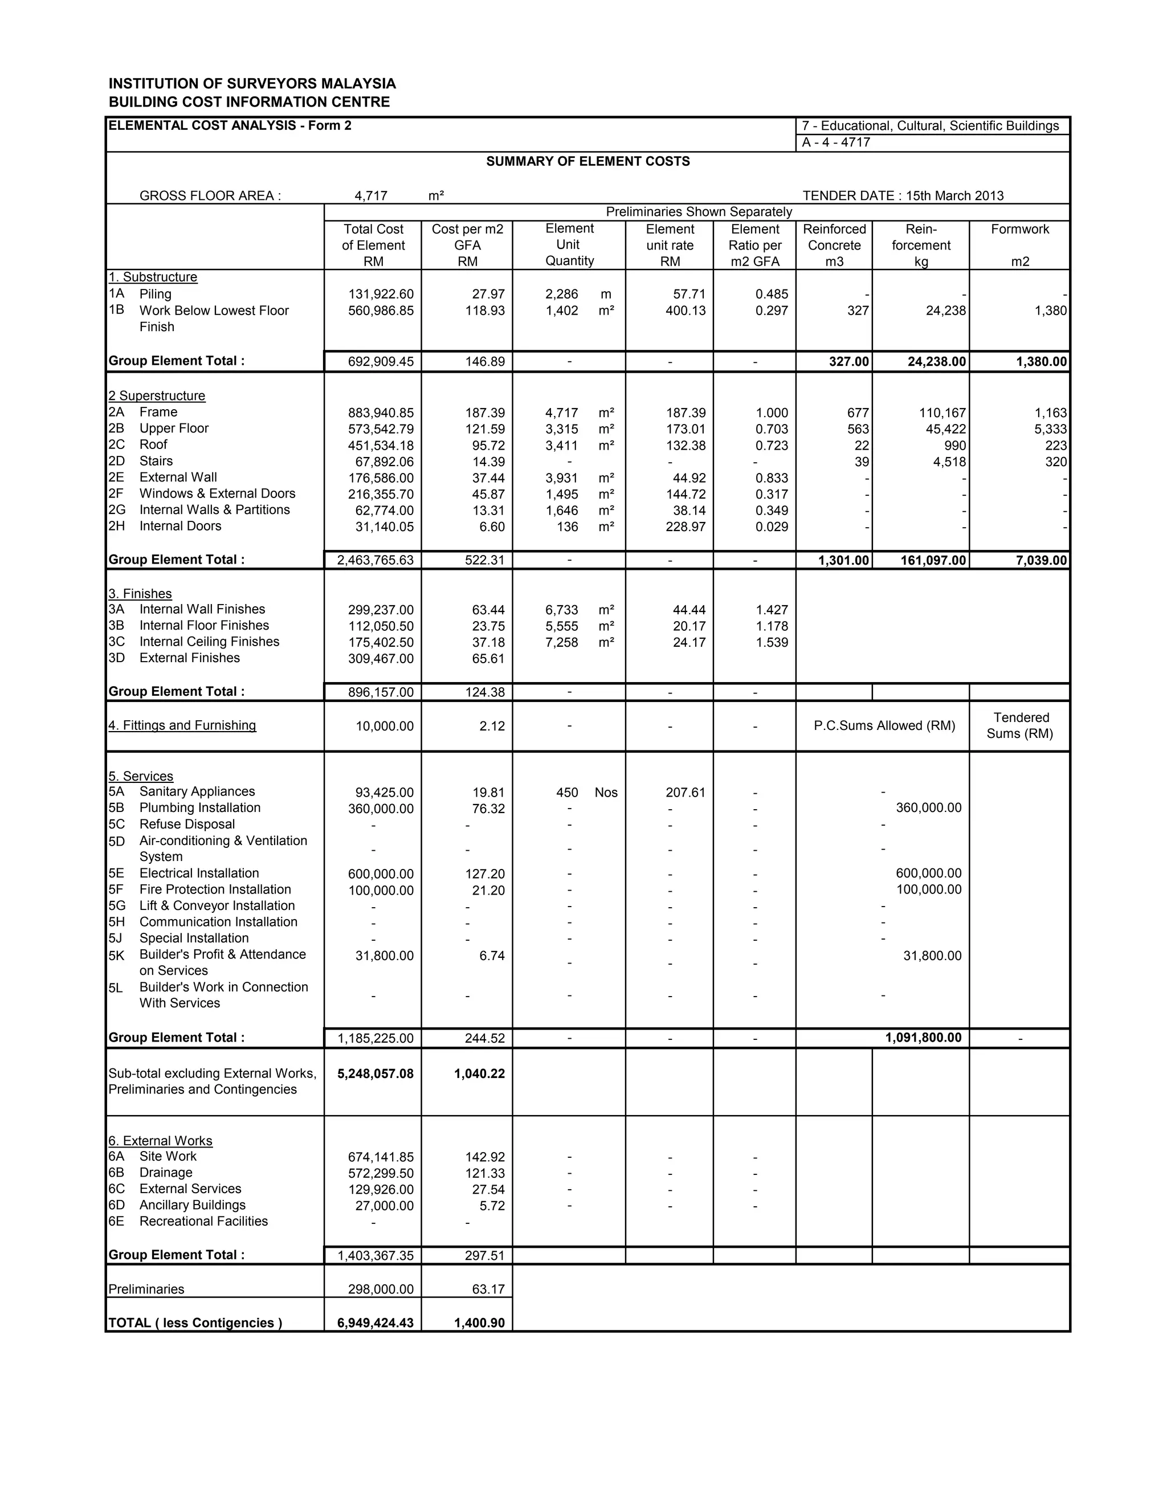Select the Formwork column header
[1020, 230]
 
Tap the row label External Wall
[178, 478]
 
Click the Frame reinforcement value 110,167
[942, 413]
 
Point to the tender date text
[903, 195]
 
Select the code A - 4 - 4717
[836, 142]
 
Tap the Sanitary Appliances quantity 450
[567, 793]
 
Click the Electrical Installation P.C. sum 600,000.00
[928, 873]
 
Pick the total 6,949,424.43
[376, 1323]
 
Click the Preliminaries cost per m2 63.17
[488, 1289]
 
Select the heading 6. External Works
[160, 1141]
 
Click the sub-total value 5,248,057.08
[376, 1074]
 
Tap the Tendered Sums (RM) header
[1020, 725]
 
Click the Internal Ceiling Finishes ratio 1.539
[772, 642]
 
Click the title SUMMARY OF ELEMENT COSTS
[587, 161]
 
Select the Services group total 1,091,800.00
[923, 1037]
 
